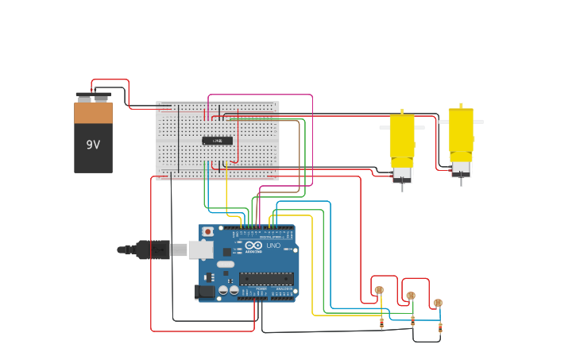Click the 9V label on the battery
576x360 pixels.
93,145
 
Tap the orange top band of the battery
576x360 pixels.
93,113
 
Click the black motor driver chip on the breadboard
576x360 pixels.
217,141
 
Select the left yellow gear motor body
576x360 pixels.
401,137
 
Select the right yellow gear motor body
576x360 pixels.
461,131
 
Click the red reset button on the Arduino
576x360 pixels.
208,231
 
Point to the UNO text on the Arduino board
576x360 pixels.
273,246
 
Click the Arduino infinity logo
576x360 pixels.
254,246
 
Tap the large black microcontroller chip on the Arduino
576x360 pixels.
266,279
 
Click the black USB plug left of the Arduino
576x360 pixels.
151,250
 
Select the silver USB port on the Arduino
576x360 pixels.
201,250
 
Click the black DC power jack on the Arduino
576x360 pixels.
204,292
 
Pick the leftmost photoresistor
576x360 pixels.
379,290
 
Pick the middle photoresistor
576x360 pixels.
411,296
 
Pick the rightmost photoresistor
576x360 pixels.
438,303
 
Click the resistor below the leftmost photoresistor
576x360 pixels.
381,323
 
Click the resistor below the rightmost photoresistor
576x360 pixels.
440,327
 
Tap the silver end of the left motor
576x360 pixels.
401,173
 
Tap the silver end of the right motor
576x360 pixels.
461,168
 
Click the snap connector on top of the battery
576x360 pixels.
92,97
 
